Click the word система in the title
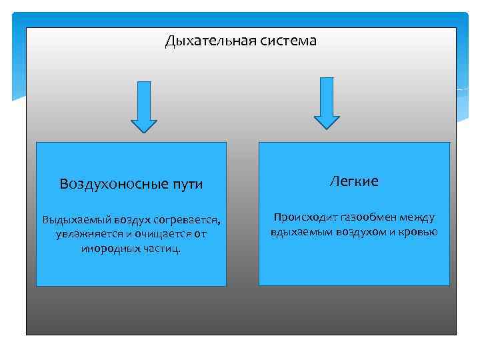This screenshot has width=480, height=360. (285, 41)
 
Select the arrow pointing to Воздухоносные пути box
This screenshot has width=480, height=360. (144, 107)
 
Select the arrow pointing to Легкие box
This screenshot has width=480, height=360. (327, 103)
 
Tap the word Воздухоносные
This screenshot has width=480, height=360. (109, 184)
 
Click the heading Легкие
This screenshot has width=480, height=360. (354, 181)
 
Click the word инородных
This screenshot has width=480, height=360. (107, 249)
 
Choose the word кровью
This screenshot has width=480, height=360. (418, 232)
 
